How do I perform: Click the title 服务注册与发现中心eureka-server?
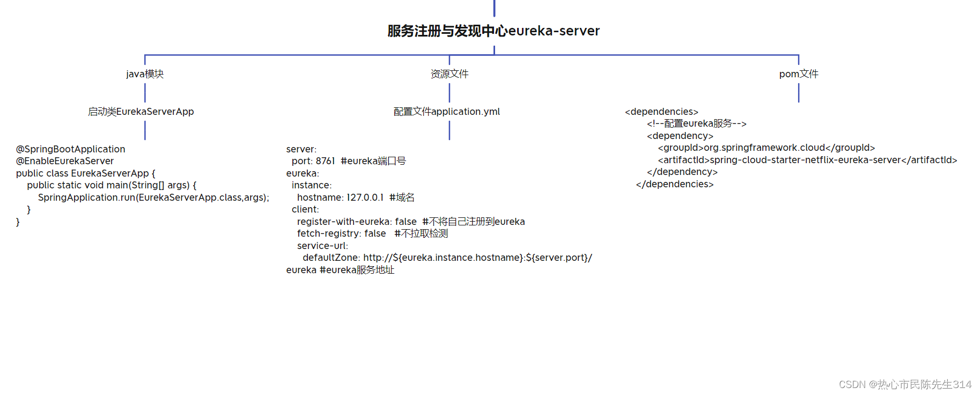click(493, 31)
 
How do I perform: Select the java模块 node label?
click(145, 74)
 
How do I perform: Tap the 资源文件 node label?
click(450, 74)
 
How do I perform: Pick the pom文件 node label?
click(799, 74)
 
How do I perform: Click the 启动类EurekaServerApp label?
click(141, 112)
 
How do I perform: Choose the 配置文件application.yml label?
click(447, 112)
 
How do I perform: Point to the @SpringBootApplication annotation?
click(71, 149)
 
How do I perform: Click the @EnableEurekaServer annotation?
click(65, 161)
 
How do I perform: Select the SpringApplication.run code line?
click(153, 197)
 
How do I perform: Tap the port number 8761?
click(325, 161)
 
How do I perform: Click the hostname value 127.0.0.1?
click(365, 197)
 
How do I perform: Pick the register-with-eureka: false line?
click(357, 222)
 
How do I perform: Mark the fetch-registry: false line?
click(342, 233)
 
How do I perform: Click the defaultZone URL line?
click(447, 258)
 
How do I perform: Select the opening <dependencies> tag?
click(661, 112)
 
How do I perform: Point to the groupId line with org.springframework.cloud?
click(767, 148)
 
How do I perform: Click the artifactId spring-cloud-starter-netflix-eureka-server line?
click(807, 160)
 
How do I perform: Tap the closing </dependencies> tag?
click(675, 184)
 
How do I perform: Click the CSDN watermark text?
click(905, 384)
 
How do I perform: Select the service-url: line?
click(322, 246)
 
